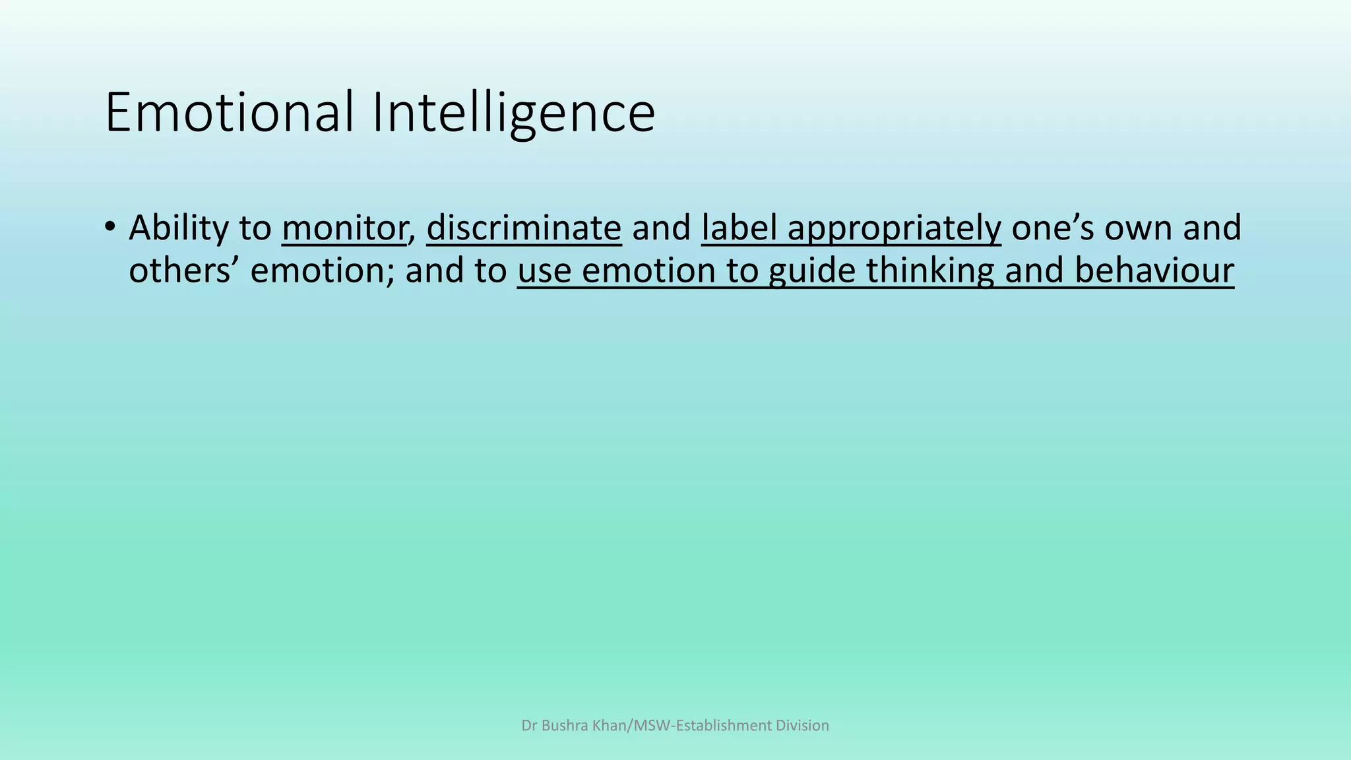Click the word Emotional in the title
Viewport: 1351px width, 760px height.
coord(230,112)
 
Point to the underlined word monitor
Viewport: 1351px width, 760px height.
coord(343,228)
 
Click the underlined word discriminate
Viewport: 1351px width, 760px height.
coord(524,228)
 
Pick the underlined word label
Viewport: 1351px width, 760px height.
coord(739,228)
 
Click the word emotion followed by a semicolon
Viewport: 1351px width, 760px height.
coord(323,271)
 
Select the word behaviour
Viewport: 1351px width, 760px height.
coord(1154,271)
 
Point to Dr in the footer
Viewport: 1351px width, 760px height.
coord(529,726)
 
